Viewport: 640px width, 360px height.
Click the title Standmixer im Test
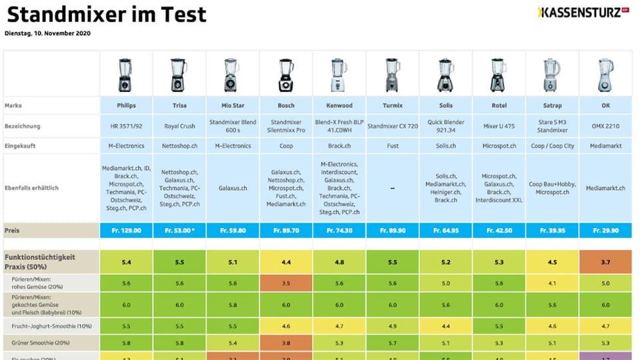(x=107, y=14)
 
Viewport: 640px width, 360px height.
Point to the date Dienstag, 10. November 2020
(x=47, y=33)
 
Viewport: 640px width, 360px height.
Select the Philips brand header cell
(x=126, y=105)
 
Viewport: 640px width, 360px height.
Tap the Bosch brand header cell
(x=286, y=105)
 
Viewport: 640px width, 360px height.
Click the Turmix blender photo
(x=393, y=74)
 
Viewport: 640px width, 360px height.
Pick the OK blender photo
(x=605, y=74)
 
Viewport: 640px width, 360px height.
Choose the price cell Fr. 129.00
(x=126, y=230)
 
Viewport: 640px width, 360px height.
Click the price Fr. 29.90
(x=605, y=230)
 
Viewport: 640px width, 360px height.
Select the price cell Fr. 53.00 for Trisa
(x=179, y=230)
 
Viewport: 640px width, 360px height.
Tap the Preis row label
(x=13, y=230)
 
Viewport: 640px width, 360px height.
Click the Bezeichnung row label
(x=23, y=125)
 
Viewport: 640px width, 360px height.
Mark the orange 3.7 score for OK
(x=605, y=262)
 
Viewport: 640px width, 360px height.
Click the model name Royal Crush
(x=179, y=125)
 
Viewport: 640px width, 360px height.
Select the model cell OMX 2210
(x=605, y=125)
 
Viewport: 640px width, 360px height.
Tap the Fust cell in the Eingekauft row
(x=393, y=145)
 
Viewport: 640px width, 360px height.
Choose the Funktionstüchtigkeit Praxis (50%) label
(x=40, y=261)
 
